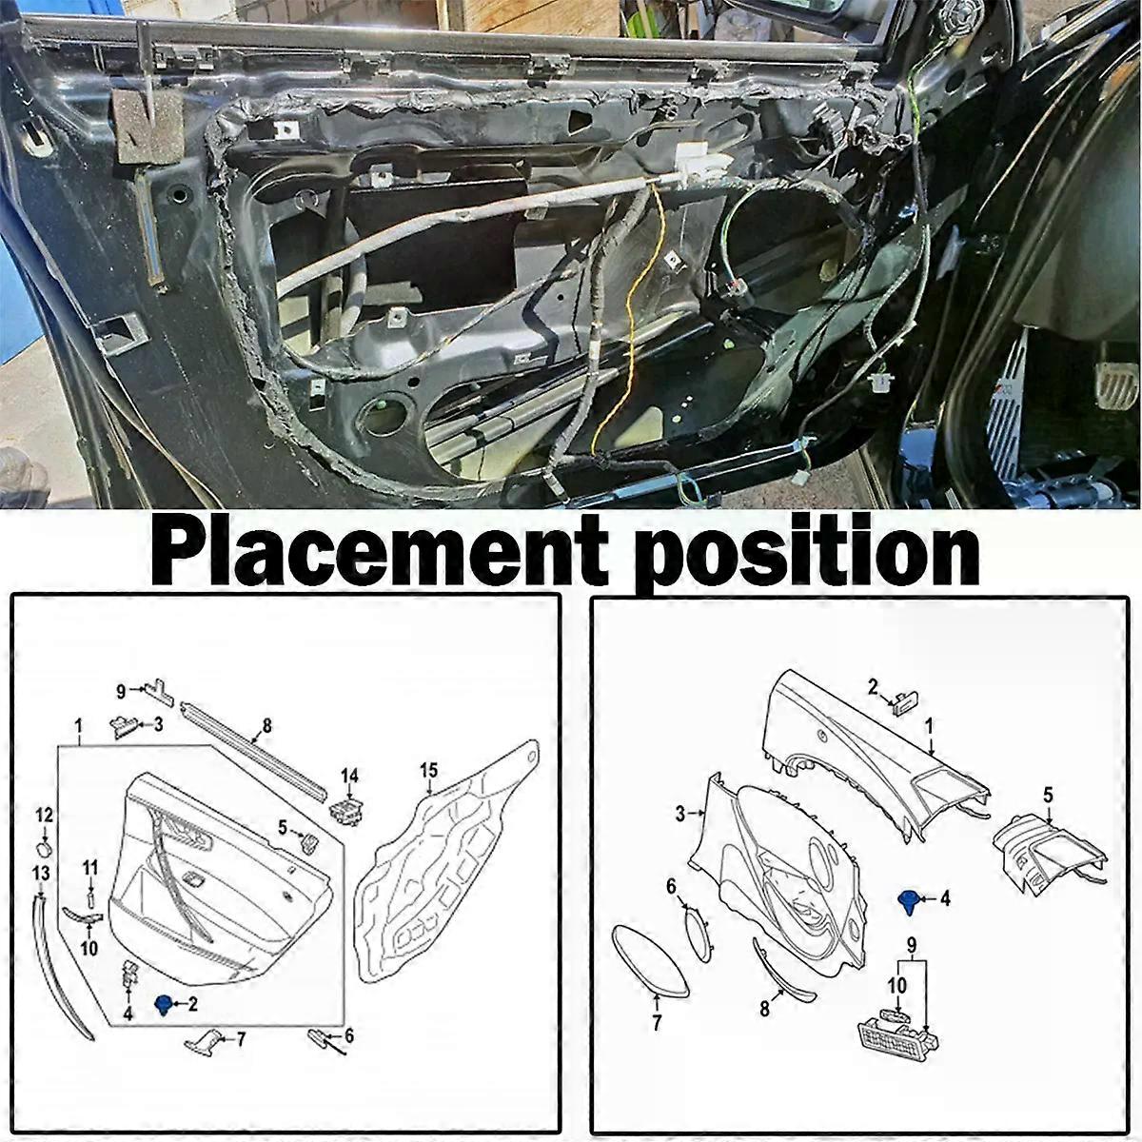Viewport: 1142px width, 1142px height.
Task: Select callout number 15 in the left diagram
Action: point(428,771)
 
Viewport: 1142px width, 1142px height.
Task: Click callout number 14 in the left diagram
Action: point(349,775)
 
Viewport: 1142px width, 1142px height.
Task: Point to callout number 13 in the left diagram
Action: point(41,873)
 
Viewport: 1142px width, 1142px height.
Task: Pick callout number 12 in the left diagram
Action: point(45,815)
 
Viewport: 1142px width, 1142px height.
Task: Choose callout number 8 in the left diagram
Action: point(266,725)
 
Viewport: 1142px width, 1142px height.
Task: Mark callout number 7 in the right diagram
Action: point(656,1023)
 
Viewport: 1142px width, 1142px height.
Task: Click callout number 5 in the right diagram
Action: point(1049,795)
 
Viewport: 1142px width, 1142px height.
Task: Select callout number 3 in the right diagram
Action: point(679,813)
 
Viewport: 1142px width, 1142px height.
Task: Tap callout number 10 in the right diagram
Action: point(897,985)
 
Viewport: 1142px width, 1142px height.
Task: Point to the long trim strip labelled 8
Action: point(255,752)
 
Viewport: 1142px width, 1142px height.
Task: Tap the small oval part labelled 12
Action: point(45,848)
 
